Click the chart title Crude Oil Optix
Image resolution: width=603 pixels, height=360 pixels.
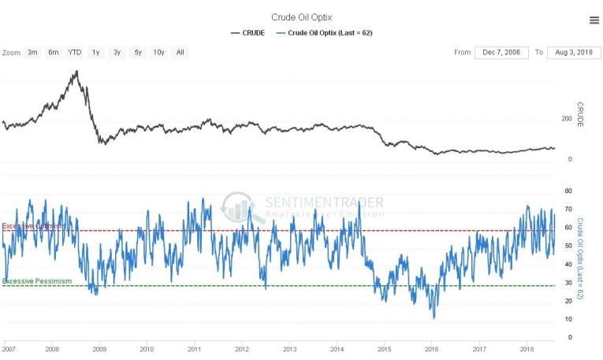click(301, 17)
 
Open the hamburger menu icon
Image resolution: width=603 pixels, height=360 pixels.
click(593, 20)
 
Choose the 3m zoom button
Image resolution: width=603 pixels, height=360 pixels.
click(32, 53)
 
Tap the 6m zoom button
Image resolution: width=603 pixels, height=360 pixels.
click(53, 53)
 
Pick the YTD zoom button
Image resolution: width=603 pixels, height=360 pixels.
click(74, 53)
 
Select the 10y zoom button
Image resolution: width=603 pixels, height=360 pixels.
click(158, 53)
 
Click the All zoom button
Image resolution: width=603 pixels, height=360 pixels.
click(181, 53)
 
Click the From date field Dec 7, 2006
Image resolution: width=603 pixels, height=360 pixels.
click(501, 53)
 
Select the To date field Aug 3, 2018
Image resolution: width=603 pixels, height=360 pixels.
click(574, 53)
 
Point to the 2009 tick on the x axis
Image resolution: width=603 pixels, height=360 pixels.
click(99, 347)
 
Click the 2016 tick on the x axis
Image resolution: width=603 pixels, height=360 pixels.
click(432, 347)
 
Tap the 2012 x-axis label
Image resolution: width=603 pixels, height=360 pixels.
click(242, 347)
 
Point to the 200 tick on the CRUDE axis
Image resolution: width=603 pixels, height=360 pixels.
click(565, 119)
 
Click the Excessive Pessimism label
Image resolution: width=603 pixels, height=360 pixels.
click(37, 281)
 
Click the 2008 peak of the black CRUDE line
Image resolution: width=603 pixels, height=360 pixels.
click(76, 72)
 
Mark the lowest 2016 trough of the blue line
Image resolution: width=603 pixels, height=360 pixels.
click(434, 317)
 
